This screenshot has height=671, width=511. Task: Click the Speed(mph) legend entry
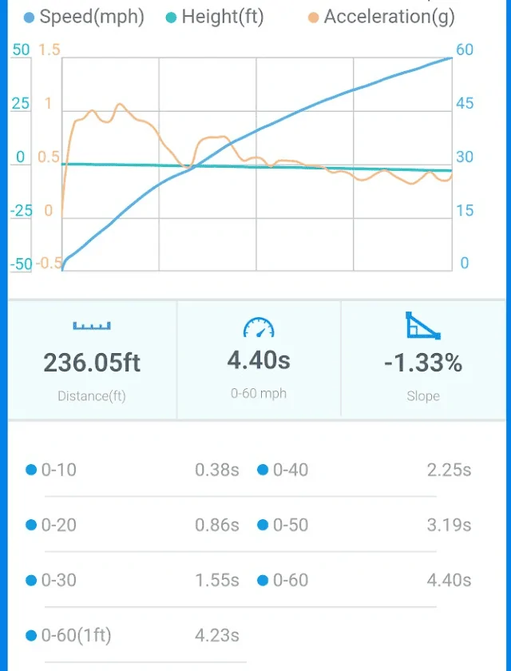pyautogui.click(x=85, y=17)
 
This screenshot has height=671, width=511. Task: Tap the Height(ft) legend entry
pyautogui.click(x=216, y=17)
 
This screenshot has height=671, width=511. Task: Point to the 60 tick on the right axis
pyautogui.click(x=464, y=50)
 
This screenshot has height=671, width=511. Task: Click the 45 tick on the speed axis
pyautogui.click(x=464, y=104)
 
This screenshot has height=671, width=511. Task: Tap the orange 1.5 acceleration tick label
pyautogui.click(x=50, y=50)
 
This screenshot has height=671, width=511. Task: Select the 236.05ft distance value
pyautogui.click(x=92, y=363)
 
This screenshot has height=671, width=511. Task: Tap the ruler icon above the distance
pyautogui.click(x=92, y=325)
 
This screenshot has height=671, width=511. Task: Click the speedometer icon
pyautogui.click(x=258, y=327)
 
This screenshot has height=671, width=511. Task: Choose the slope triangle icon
pyautogui.click(x=422, y=325)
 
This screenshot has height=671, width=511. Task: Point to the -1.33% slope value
pyautogui.click(x=422, y=363)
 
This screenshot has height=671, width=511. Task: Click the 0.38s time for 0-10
pyautogui.click(x=217, y=470)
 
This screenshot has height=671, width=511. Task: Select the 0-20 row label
pyautogui.click(x=58, y=525)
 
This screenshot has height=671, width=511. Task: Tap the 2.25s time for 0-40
pyautogui.click(x=449, y=470)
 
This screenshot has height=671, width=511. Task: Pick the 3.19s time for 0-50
pyautogui.click(x=449, y=525)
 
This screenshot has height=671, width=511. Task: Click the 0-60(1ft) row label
pyautogui.click(x=76, y=636)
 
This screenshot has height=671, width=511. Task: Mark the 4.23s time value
pyautogui.click(x=217, y=636)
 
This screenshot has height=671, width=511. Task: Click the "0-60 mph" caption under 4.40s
pyautogui.click(x=258, y=393)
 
